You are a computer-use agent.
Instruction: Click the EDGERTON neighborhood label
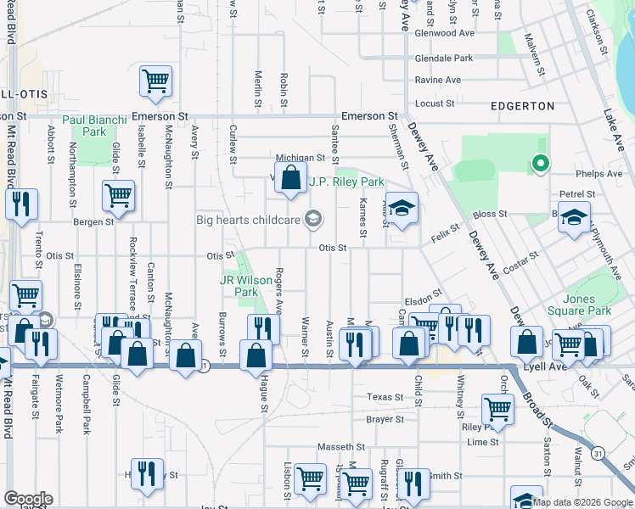pos(523,106)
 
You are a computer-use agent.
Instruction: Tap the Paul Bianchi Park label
pos(94,126)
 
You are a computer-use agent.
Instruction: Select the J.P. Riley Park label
pos(346,182)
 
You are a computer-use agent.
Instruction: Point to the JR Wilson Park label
pos(239,286)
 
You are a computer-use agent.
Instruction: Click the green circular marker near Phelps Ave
pos(538,164)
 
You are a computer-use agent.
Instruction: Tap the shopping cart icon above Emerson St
pos(156,81)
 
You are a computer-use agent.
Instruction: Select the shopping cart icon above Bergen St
pos(118,196)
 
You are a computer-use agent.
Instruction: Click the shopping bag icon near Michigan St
pos(291,178)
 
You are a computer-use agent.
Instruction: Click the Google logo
pos(28,499)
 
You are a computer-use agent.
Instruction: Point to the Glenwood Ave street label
pos(444,33)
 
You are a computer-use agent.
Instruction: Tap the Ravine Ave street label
pos(437,81)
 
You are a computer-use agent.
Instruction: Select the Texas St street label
pos(385,397)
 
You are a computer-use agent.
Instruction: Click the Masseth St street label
pos(340,447)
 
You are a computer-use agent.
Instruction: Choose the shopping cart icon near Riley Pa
pos(497,410)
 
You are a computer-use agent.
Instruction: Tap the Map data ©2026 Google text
pos(582,502)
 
